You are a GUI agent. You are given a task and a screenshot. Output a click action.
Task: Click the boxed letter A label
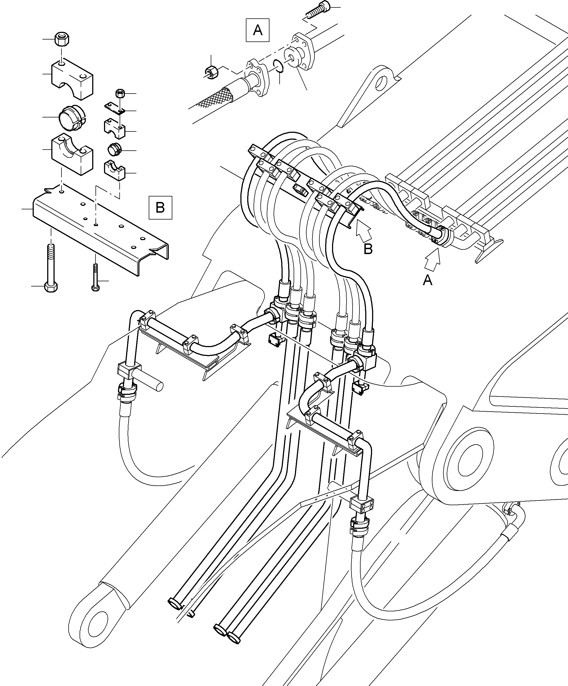tap(257, 30)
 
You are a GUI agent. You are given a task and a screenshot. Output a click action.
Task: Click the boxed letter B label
tap(160, 207)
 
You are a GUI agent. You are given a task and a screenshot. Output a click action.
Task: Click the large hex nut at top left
tap(61, 39)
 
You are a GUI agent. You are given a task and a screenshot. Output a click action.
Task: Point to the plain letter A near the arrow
tap(427, 280)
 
